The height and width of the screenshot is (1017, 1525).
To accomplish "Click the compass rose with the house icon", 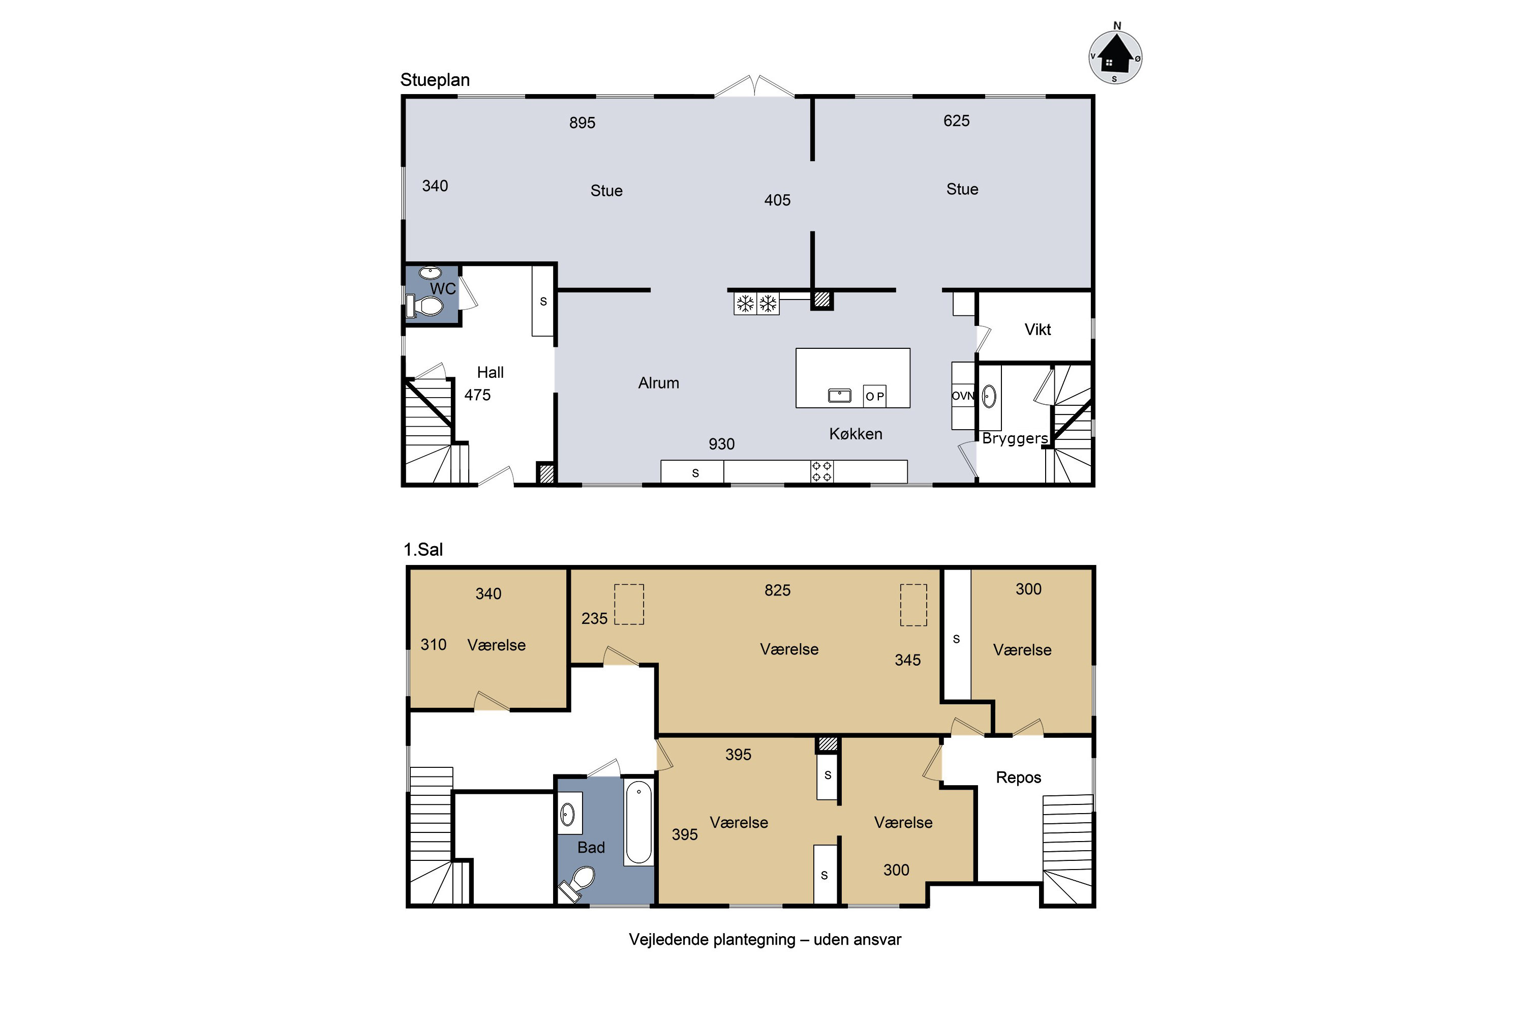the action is pos(1115,56).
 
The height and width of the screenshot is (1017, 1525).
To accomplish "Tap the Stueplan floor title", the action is pos(435,80).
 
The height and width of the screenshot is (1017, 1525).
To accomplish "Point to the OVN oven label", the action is pos(963,396).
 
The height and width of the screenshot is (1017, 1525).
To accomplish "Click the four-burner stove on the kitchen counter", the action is pos(821,471).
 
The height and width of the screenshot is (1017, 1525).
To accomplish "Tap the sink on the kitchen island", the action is pos(840,395).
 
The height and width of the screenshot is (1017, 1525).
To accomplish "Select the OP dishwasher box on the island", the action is pos(875,396).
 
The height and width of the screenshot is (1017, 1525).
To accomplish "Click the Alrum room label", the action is pos(659,383).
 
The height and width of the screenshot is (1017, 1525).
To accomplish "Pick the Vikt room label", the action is pos(1038,330).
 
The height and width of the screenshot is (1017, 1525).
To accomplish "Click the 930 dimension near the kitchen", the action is pos(722,444).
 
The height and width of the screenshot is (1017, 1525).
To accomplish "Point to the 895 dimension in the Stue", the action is pos(582,123).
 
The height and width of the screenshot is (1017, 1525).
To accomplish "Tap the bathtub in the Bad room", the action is pos(638,822).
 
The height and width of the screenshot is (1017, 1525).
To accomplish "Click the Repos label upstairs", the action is pos(1019,777).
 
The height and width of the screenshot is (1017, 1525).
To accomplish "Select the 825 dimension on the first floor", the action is pos(777,590).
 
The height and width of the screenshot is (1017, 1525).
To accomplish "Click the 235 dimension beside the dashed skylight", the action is pos(595,618).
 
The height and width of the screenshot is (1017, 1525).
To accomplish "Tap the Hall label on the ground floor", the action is pos(490,372).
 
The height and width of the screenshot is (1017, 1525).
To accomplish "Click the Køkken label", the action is pos(856,434).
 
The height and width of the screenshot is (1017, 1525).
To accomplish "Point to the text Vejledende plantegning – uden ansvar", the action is pos(765,940).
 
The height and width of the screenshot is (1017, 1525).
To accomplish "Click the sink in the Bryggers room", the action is pos(989,396).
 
